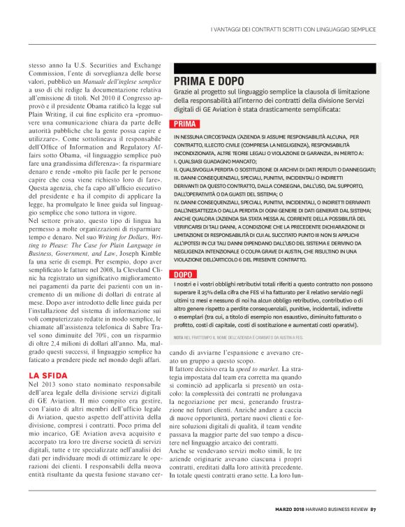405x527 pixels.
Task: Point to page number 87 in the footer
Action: [374, 508]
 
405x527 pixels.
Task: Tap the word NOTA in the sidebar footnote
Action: [179, 338]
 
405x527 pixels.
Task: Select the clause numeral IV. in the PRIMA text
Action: [178, 198]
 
